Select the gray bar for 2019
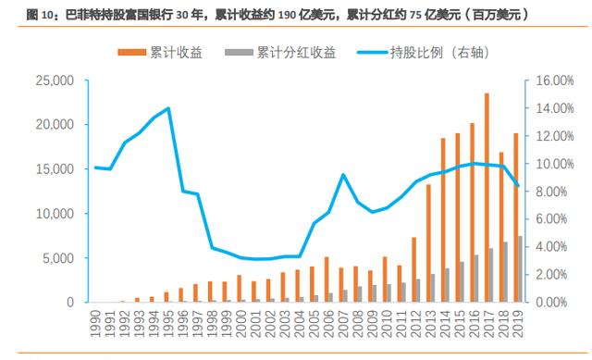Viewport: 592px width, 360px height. click(520, 269)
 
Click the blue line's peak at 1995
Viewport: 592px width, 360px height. click(167, 108)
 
